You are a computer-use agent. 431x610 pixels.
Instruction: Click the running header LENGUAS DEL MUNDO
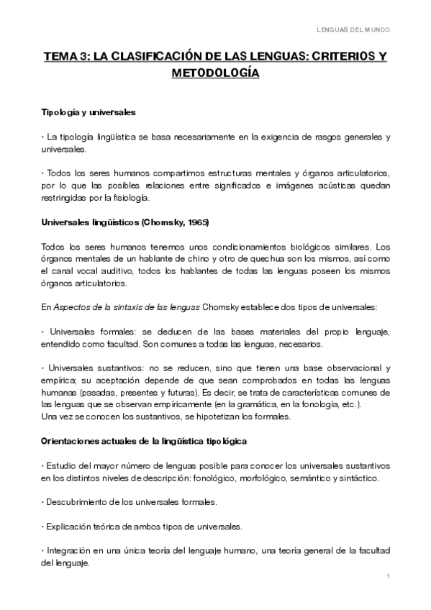tap(354, 29)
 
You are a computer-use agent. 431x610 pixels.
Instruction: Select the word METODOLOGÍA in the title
tap(214, 73)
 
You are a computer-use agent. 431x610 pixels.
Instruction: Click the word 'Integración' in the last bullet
tap(69, 551)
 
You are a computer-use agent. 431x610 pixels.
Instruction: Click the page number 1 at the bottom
tap(388, 577)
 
